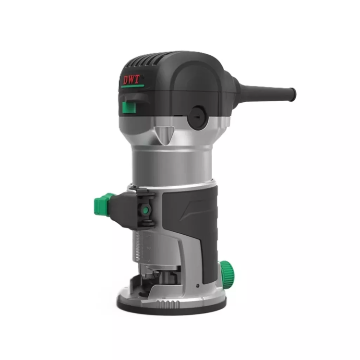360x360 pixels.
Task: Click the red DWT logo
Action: pyautogui.click(x=132, y=80)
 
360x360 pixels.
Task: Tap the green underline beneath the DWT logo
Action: pyautogui.click(x=132, y=86)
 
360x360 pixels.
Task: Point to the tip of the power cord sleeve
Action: pyautogui.click(x=293, y=94)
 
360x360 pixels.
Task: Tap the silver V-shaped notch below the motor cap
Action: pyautogui.click(x=164, y=135)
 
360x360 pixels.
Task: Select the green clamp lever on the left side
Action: pyautogui.click(x=104, y=204)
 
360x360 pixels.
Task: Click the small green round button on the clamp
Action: pyautogui.click(x=145, y=210)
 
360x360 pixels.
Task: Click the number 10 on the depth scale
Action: pyautogui.click(x=148, y=248)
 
